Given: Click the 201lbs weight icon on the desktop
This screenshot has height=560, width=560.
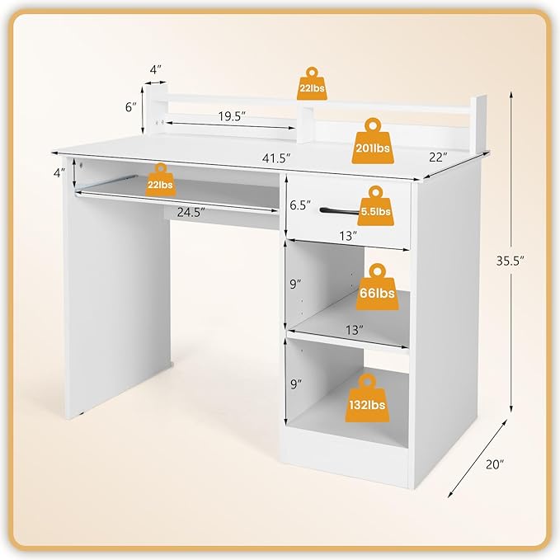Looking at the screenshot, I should [374, 143].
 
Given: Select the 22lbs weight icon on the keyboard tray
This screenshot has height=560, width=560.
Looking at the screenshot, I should [160, 181].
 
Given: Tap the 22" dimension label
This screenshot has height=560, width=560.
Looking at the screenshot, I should [437, 156].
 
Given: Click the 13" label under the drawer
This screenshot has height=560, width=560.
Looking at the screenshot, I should [347, 236].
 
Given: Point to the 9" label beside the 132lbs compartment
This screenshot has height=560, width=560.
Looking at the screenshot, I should [296, 384].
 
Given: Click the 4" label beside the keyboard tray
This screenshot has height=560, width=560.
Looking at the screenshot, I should [58, 172].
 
